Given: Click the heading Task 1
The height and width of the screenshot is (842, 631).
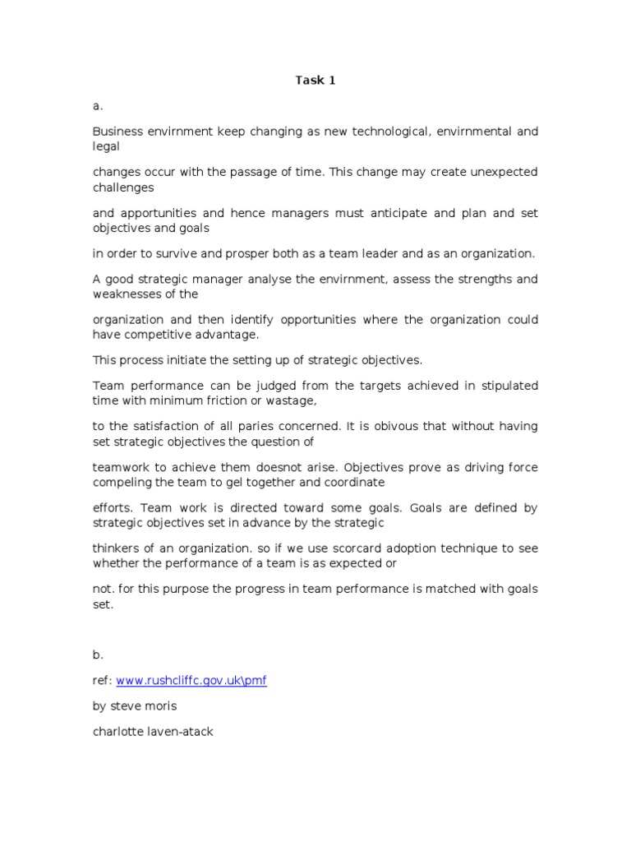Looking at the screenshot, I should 315,81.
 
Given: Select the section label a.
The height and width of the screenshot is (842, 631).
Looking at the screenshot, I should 97,106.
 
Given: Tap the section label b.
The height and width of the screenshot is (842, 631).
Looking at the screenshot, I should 97,655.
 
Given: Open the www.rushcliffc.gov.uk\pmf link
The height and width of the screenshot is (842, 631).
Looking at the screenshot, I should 191,681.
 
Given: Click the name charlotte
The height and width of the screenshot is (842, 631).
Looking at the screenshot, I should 118,731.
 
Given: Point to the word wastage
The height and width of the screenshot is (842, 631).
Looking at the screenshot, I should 293,400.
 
